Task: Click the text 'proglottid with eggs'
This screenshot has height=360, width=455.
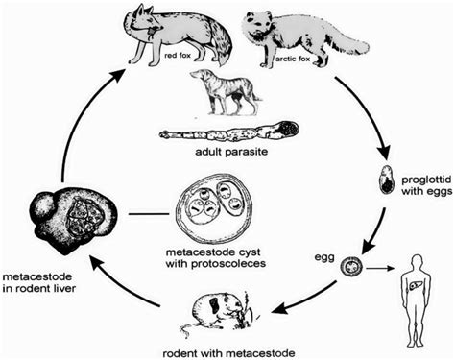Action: (422, 180)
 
